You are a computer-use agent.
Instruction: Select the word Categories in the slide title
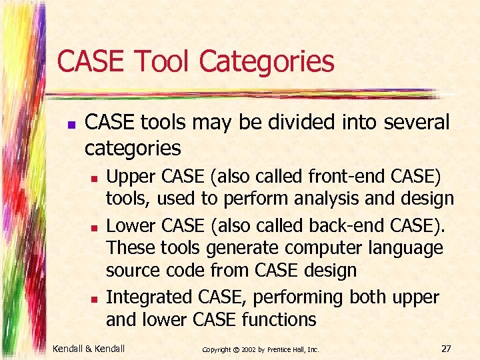267,61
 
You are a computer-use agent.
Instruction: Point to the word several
413,123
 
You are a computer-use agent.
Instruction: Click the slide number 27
446,348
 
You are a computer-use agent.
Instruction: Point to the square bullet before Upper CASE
95,179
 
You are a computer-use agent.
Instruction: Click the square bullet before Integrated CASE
95,298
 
